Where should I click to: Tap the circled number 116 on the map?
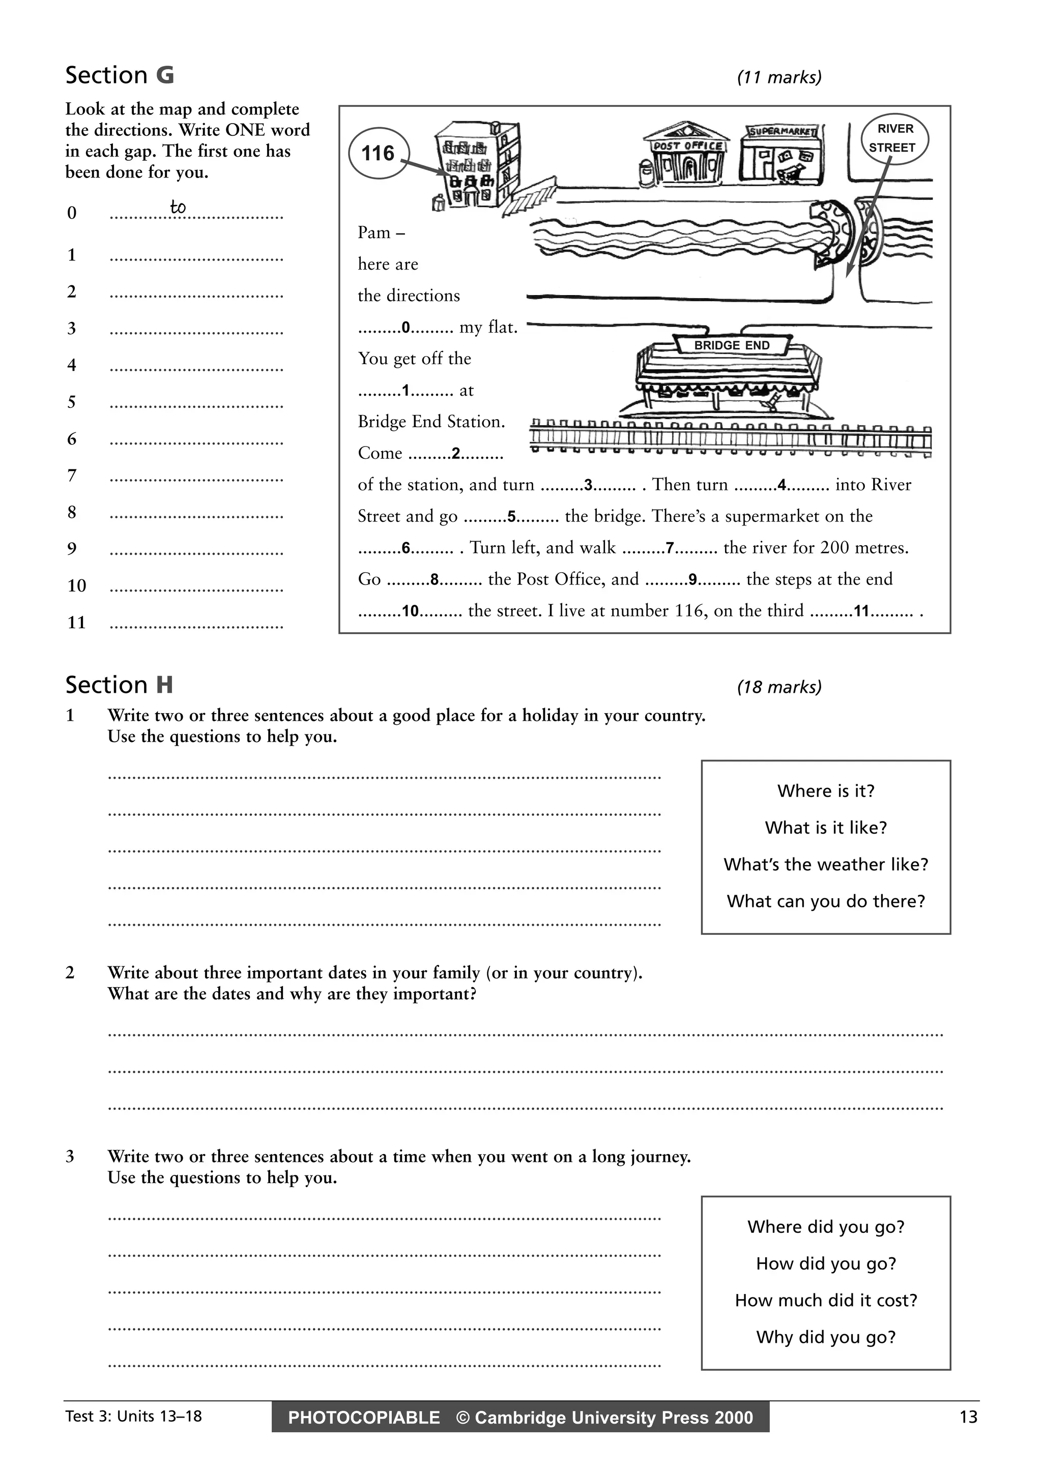coord(378,154)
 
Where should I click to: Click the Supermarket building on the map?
coord(780,154)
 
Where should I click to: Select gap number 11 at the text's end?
coord(861,611)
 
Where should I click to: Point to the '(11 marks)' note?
coord(779,78)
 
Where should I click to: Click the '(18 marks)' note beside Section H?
coord(779,688)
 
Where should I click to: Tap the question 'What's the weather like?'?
coord(826,865)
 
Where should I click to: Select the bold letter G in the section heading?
coord(165,76)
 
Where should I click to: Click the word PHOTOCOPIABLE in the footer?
coord(364,1418)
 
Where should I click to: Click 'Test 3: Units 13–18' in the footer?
coord(133,1416)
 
